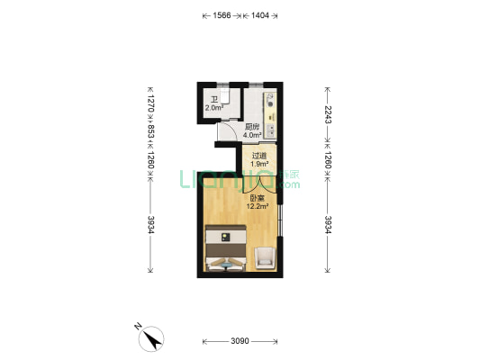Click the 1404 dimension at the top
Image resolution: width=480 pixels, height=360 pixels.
pos(259,15)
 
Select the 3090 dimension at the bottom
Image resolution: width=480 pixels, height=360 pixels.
pos(239,341)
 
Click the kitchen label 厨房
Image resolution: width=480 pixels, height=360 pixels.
pos(252,127)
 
